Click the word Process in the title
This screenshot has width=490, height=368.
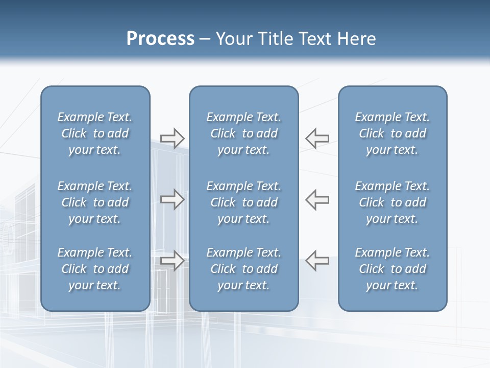coord(160,39)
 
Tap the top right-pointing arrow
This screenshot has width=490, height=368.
coord(172,138)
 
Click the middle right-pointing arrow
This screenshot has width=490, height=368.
coord(172,199)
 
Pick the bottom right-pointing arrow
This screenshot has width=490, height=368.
coord(172,260)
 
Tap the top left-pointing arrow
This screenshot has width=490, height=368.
coord(317,138)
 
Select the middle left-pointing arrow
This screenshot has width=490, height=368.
coord(317,199)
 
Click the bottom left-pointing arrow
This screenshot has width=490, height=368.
coord(317,260)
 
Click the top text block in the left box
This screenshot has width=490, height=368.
coord(95,133)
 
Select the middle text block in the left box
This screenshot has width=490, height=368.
coord(95,202)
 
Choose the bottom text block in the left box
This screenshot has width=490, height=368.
coord(95,269)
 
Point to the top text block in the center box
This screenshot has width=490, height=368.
coord(243,133)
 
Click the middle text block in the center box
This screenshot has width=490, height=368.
coord(243,202)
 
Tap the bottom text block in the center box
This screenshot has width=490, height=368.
coord(243,269)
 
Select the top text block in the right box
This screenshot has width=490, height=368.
coord(392,133)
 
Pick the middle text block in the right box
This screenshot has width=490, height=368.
coord(392,202)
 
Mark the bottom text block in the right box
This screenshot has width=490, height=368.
coord(392,269)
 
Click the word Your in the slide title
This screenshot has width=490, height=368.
coord(233,39)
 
